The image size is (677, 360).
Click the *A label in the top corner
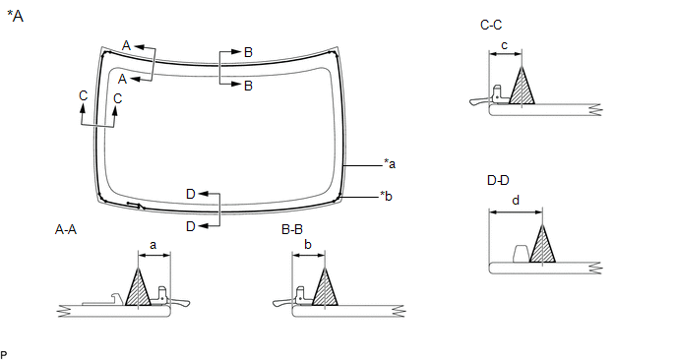click(x=15, y=16)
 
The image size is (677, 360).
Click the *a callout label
click(x=390, y=164)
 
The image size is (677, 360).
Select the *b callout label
click(x=386, y=196)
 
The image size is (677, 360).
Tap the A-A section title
click(x=66, y=229)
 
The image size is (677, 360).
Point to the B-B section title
click(x=292, y=229)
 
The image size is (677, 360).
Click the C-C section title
click(x=491, y=25)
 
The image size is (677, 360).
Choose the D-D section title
click(x=498, y=180)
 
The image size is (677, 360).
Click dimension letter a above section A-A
click(x=153, y=246)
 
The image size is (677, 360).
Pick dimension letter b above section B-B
click(x=308, y=245)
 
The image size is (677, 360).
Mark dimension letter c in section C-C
click(x=504, y=45)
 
